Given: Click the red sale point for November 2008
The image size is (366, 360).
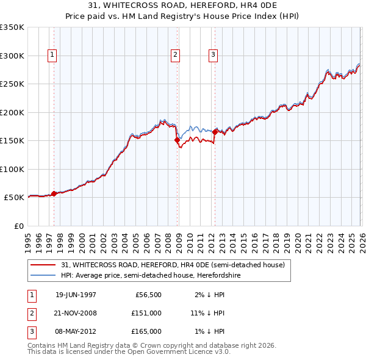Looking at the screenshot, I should [x=178, y=140].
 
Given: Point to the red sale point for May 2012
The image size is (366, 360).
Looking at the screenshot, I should [x=215, y=132].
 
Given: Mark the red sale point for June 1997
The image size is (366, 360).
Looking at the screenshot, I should [x=54, y=193].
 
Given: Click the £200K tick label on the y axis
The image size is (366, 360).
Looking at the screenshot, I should [x=12, y=112].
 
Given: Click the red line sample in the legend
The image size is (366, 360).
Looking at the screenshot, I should [x=44, y=265].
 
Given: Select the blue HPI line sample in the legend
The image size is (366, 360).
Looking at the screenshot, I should [x=44, y=275].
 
